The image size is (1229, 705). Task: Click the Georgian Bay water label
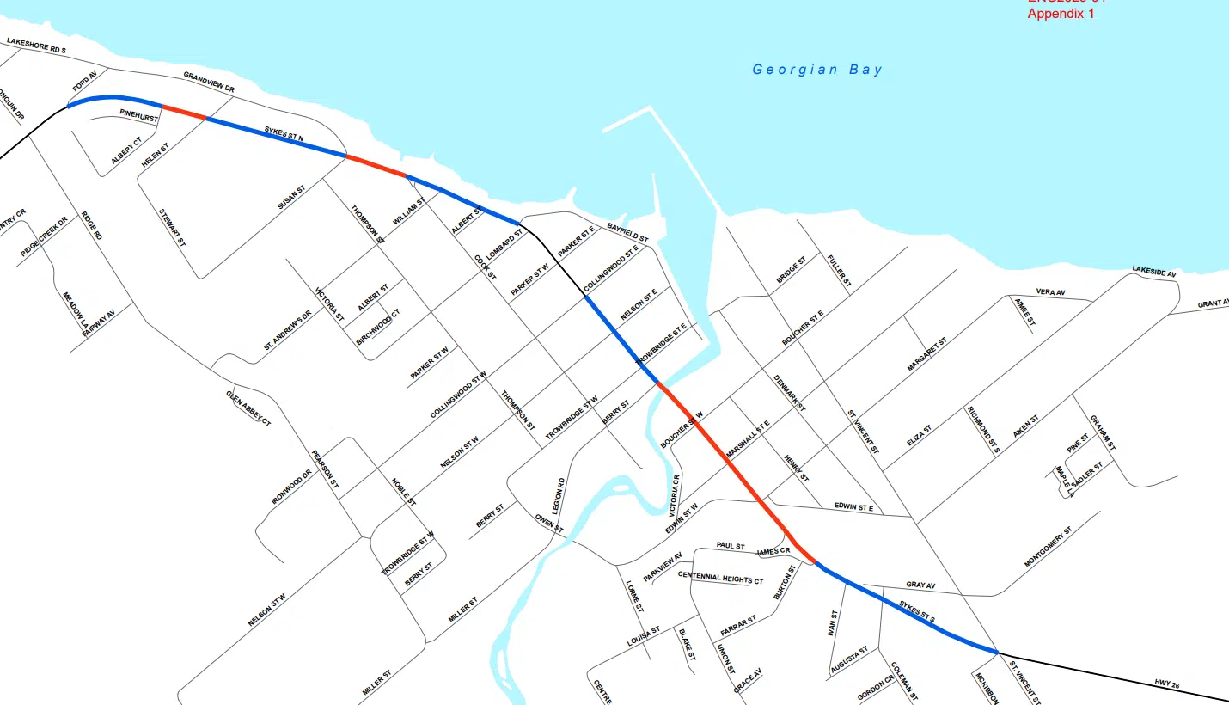(x=817, y=70)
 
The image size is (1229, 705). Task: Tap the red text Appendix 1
(x=1061, y=14)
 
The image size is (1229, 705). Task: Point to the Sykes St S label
(x=916, y=611)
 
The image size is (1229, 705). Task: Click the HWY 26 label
(x=1167, y=685)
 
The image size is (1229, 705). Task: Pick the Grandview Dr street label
(x=209, y=83)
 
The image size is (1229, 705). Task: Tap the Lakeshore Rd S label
(x=36, y=46)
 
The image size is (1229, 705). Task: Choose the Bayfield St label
(x=627, y=231)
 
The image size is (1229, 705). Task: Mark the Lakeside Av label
(x=1153, y=272)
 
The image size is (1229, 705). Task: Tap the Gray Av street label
(x=920, y=585)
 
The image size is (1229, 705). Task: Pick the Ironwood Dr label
(x=290, y=487)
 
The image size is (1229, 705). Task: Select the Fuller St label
(x=839, y=270)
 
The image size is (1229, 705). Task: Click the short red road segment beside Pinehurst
(x=184, y=112)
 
